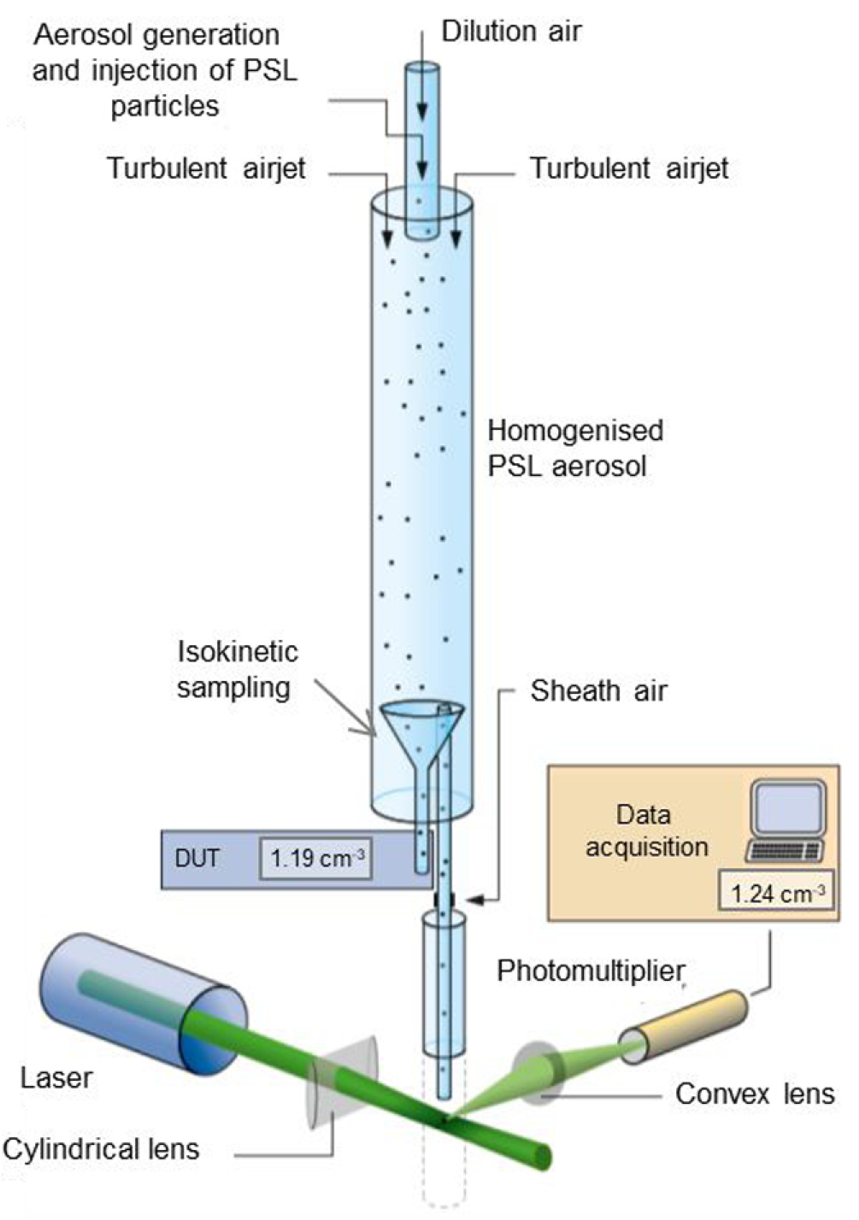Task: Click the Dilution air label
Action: [511, 32]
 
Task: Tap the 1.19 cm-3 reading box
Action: [316, 858]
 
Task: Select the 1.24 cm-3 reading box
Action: [776, 894]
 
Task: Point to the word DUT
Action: [197, 858]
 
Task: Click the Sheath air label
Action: [598, 690]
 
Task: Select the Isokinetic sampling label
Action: [237, 670]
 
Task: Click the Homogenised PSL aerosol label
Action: [574, 448]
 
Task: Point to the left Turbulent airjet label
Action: [206, 168]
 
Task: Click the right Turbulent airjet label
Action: [629, 168]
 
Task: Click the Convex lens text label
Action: [755, 1094]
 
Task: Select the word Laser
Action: [56, 1078]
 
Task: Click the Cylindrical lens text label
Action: [101, 1149]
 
